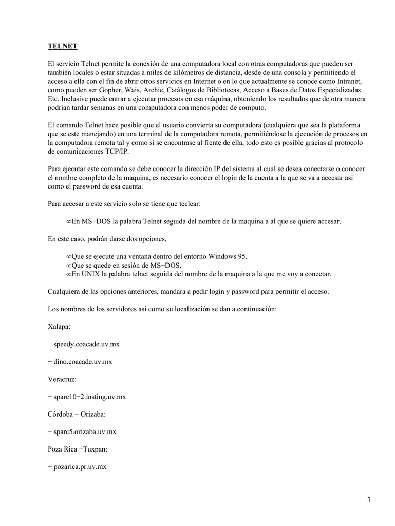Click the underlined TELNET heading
[62, 46]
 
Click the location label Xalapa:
[59, 326]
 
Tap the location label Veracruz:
[62, 379]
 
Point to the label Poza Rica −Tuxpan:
[77, 449]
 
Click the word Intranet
[349, 81]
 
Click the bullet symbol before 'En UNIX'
[69, 274]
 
